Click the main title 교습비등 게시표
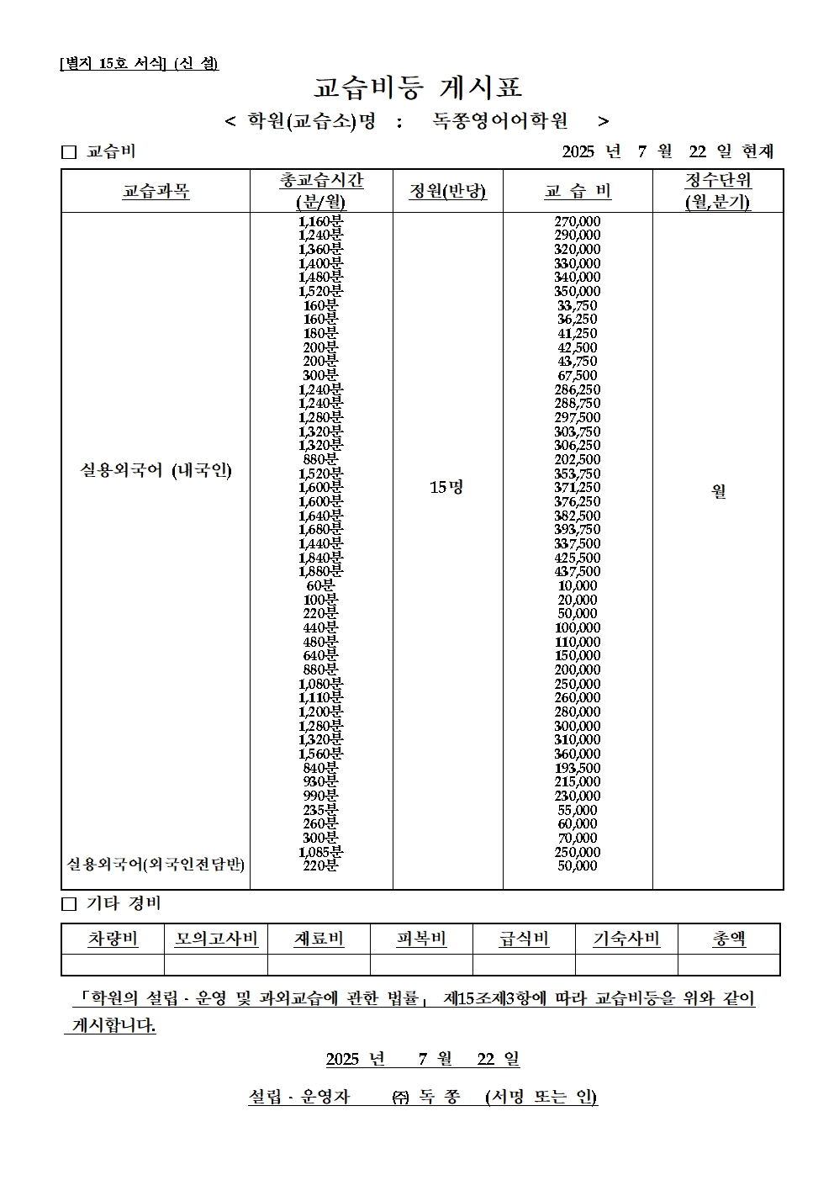pos(418,87)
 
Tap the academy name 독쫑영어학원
pos(500,121)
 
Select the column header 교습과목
pos(156,192)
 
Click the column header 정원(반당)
pos(447,191)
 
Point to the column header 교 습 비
pos(578,191)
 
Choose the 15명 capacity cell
pos(446,487)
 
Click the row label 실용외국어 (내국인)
pos(156,470)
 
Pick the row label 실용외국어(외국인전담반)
pos(156,864)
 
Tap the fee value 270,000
pos(578,221)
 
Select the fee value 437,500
pos(578,572)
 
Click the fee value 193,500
pos(578,768)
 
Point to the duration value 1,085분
pos(321,852)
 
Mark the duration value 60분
pos(321,585)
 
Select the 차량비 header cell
pos(113,939)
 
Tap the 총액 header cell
pos(729,939)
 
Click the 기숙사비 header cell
pos(626,939)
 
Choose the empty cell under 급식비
pos(524,965)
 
